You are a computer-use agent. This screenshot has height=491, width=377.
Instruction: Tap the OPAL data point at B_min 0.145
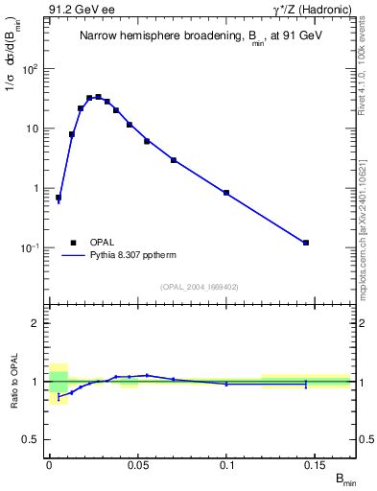pyautogui.click(x=306, y=243)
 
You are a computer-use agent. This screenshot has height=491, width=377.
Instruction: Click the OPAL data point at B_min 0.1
pyautogui.click(x=226, y=193)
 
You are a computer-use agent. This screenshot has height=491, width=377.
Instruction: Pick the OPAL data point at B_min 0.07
pyautogui.click(x=174, y=160)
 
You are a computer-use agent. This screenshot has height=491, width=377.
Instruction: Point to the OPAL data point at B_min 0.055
pyautogui.click(x=147, y=141)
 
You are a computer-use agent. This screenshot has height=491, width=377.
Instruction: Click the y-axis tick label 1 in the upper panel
pyautogui.click(x=37, y=188)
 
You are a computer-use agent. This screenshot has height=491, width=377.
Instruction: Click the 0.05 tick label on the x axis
pyautogui.click(x=138, y=465)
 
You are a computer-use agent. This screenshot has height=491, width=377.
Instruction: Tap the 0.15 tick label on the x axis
pyautogui.click(x=316, y=465)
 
